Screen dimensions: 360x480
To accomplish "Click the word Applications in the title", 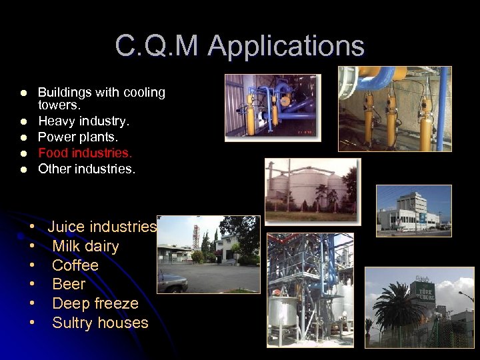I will [x=285, y=46].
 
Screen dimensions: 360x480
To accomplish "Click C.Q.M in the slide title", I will [x=157, y=46].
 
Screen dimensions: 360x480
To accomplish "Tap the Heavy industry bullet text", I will [x=83, y=121].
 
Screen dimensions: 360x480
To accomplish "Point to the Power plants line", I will [x=77, y=137].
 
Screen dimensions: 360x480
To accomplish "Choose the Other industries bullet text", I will [x=86, y=169].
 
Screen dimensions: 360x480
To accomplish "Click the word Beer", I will [x=69, y=285].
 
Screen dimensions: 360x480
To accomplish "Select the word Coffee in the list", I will [x=75, y=265].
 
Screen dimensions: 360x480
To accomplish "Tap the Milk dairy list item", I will [x=85, y=246].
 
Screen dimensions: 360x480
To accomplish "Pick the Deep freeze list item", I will [x=95, y=303].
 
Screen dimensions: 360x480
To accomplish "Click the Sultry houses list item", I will [x=100, y=323].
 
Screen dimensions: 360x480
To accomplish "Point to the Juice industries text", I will [x=102, y=227].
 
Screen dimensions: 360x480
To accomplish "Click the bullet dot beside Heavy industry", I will [x=23, y=121].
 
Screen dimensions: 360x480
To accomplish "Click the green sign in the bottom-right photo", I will [x=421, y=292].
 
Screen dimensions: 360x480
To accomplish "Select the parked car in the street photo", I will [x=173, y=283].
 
